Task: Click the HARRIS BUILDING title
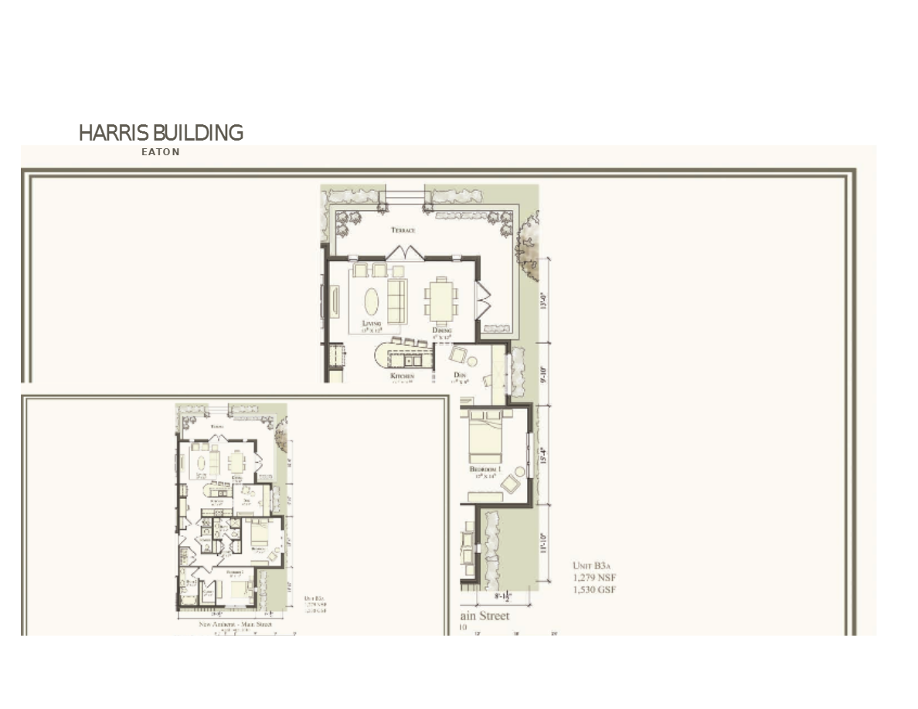coord(161,133)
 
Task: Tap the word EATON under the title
coord(161,152)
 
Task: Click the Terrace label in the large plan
coord(403,230)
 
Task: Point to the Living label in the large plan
coord(371,324)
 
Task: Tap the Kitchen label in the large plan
coord(402,377)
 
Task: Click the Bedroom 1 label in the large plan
coord(486,470)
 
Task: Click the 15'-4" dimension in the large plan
coord(544,456)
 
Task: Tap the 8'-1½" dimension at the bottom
coord(507,596)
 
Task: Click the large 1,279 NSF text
coord(594,578)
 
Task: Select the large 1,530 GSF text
coord(594,590)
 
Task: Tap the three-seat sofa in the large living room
coord(396,301)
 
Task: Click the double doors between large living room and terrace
coord(405,253)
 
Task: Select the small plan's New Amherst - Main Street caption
coord(235,624)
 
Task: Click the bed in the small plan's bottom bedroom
coord(236,589)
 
